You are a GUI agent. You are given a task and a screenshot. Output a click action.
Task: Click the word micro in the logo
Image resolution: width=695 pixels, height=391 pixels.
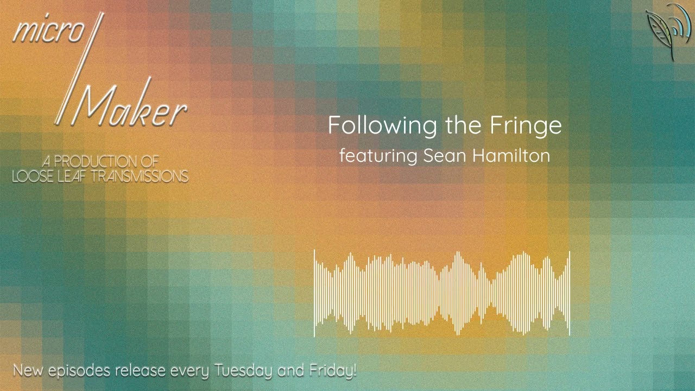[x=48, y=32]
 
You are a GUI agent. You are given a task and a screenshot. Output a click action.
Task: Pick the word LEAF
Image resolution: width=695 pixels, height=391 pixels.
[x=71, y=176]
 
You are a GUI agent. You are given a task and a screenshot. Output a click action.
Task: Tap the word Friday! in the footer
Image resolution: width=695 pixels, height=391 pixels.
[x=333, y=371]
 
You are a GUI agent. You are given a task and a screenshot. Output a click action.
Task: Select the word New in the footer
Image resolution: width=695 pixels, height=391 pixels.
[x=28, y=371]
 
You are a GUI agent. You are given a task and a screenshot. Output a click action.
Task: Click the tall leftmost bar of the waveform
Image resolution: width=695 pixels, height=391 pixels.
[x=314, y=293]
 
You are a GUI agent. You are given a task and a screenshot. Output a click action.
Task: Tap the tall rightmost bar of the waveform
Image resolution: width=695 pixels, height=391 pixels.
[x=569, y=293]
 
